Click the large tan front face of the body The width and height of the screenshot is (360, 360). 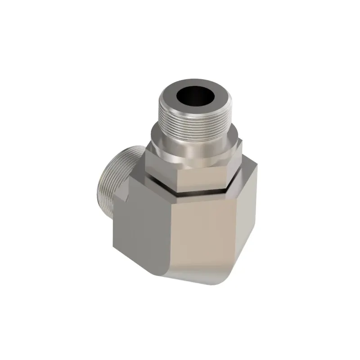[x=202, y=234]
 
